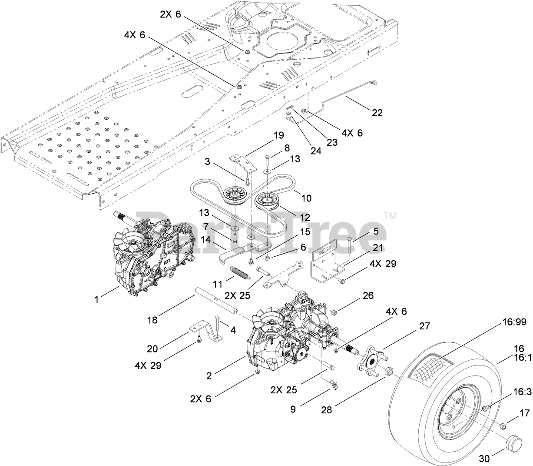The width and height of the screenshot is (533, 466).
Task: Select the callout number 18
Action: [152, 321]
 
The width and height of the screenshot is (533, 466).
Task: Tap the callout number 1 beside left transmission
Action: [98, 300]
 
